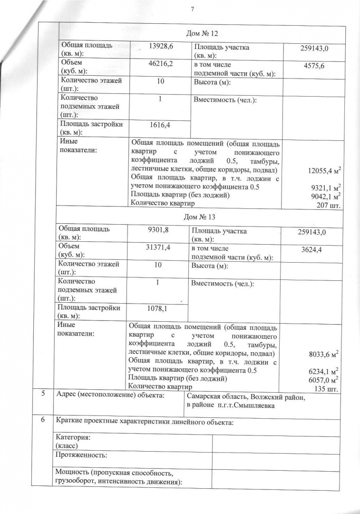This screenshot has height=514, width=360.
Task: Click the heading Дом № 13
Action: (x=199, y=217)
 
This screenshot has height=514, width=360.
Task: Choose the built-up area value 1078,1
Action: (x=159, y=309)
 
